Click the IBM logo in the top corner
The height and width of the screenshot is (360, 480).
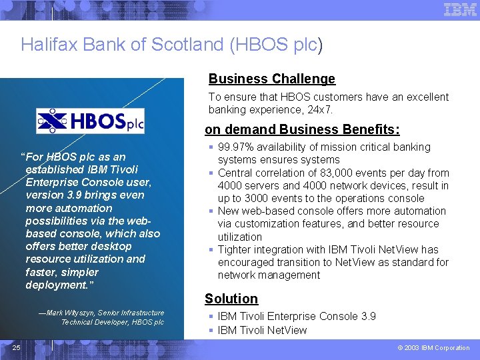460,9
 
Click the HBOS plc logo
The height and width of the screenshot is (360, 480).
90,121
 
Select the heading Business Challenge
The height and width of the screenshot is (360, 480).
271,79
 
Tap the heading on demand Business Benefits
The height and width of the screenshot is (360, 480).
302,129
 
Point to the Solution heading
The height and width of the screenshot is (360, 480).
231,299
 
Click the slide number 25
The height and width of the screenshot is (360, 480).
16,347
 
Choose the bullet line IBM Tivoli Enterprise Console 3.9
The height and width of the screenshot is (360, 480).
297,317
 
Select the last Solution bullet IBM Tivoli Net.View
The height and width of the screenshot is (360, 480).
262,330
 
